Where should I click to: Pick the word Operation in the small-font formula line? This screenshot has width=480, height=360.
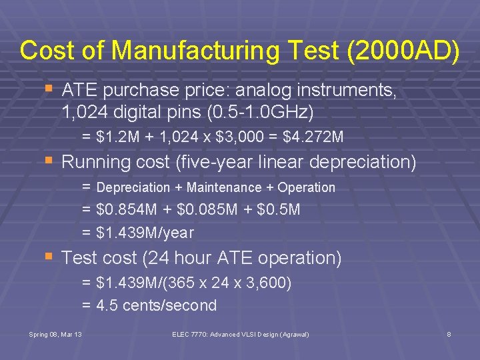pyautogui.click(x=306, y=188)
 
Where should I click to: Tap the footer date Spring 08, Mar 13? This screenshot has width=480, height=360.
pyautogui.click(x=55, y=333)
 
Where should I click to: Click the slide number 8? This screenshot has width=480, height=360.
pyautogui.click(x=449, y=333)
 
